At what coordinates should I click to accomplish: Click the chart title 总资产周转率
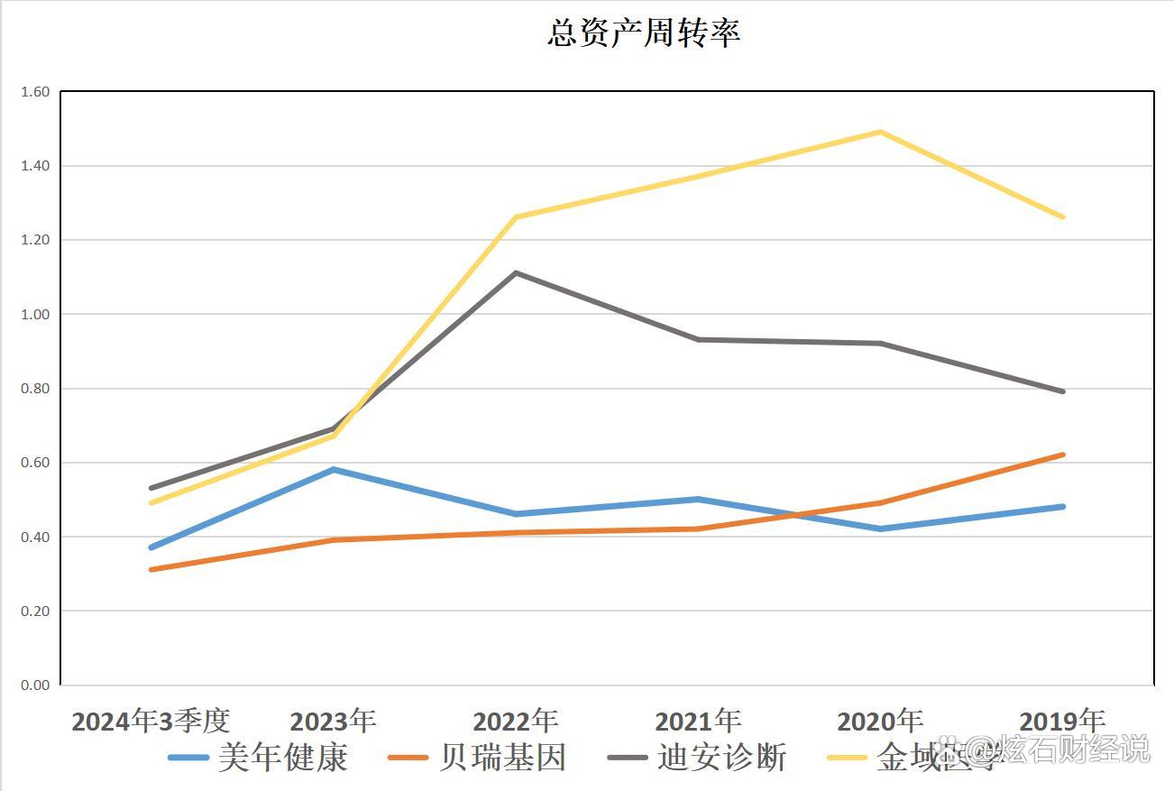tap(644, 33)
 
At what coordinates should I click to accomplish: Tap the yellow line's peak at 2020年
tap(880, 133)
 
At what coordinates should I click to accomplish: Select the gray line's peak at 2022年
tap(516, 272)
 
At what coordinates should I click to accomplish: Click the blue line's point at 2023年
tap(334, 470)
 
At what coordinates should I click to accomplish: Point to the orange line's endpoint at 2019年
tap(1063, 455)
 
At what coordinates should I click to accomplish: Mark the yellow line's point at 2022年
tap(516, 217)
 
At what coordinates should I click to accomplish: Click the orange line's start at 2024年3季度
tap(151, 569)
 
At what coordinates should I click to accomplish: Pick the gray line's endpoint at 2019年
tap(1063, 391)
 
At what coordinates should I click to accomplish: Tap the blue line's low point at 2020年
tap(880, 529)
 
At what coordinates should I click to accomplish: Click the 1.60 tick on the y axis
tap(35, 92)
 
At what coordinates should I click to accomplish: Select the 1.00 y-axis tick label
tap(35, 315)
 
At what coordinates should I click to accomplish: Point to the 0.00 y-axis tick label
tap(35, 685)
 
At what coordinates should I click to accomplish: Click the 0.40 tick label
tap(35, 538)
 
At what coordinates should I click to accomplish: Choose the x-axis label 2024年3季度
tap(151, 722)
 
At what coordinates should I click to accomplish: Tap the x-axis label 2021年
tap(698, 722)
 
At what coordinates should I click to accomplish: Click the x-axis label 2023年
tap(334, 722)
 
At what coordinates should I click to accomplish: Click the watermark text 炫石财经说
tap(1082, 749)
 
